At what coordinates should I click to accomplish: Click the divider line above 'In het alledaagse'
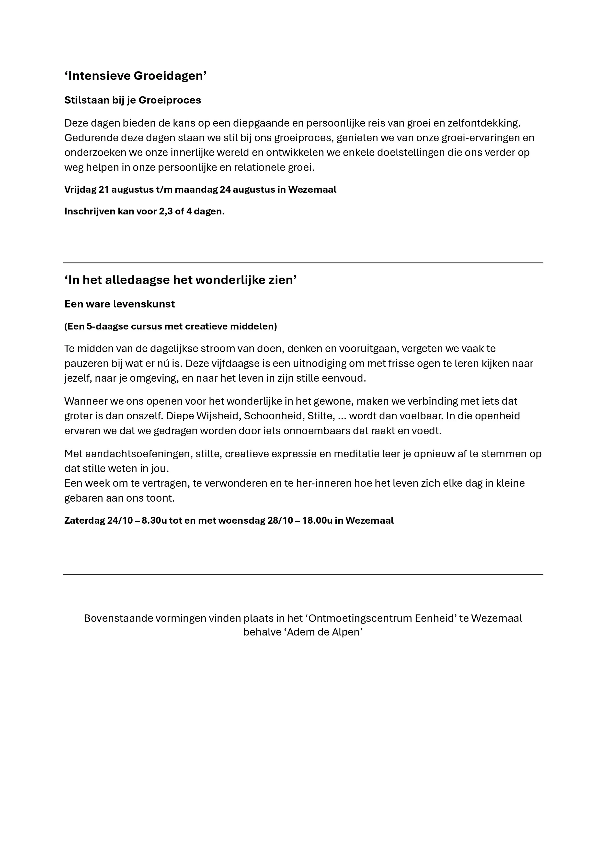pyautogui.click(x=303, y=263)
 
